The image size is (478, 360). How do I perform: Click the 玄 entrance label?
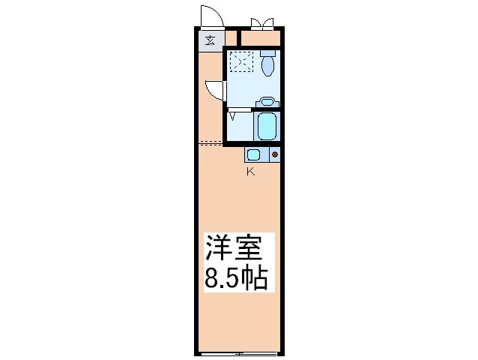point(210,40)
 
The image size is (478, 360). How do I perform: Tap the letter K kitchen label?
point(250,172)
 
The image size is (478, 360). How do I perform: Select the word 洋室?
point(234,247)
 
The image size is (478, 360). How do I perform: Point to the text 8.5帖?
point(236,278)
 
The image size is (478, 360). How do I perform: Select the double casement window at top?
point(262,24)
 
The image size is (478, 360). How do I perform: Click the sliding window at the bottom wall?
point(239,354)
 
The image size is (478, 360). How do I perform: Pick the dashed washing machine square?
point(242,61)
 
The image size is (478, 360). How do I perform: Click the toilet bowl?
point(268,66)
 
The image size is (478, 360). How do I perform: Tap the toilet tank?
point(268,53)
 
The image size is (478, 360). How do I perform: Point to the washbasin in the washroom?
point(267,102)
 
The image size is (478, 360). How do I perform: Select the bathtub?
point(267,125)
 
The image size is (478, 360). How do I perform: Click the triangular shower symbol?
point(232,116)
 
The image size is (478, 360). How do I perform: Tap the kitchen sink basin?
point(253,154)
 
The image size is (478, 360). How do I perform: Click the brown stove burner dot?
point(275,154)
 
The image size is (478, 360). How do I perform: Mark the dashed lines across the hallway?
point(211,142)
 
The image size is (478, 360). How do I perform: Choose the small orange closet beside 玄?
point(232,37)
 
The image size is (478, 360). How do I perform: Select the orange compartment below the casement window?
point(261,37)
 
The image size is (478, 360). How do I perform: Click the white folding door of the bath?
point(240,109)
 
